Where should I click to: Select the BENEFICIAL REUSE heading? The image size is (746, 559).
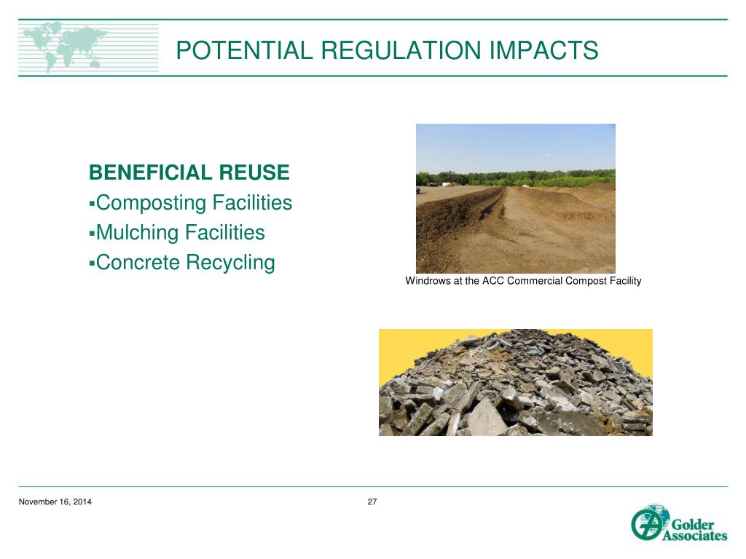pos(189,173)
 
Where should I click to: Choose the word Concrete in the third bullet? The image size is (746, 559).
pos(138,262)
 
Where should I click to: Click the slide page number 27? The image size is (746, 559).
pos(372,502)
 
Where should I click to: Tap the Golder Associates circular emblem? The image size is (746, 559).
pos(645,523)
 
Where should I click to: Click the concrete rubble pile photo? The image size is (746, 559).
pos(515,386)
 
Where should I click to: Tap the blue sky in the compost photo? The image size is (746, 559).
pos(515,146)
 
